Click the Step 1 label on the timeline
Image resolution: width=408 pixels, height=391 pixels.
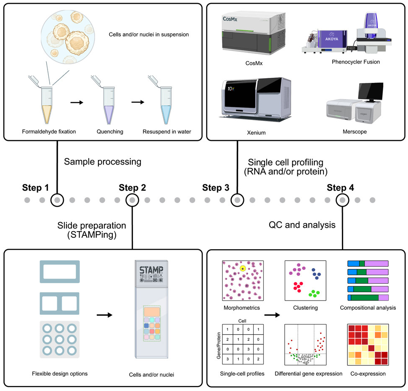(x=36, y=188)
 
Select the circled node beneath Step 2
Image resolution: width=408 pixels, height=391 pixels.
(x=132, y=199)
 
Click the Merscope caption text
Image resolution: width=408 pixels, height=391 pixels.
(x=355, y=132)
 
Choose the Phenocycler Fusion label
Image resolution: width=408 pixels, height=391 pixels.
(x=355, y=62)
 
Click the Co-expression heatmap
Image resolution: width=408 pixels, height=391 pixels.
(x=367, y=345)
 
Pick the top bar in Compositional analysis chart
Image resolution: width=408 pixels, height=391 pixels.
(x=367, y=263)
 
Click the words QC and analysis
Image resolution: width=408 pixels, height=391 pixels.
(x=302, y=225)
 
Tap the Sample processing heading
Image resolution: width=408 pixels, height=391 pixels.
(x=102, y=162)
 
